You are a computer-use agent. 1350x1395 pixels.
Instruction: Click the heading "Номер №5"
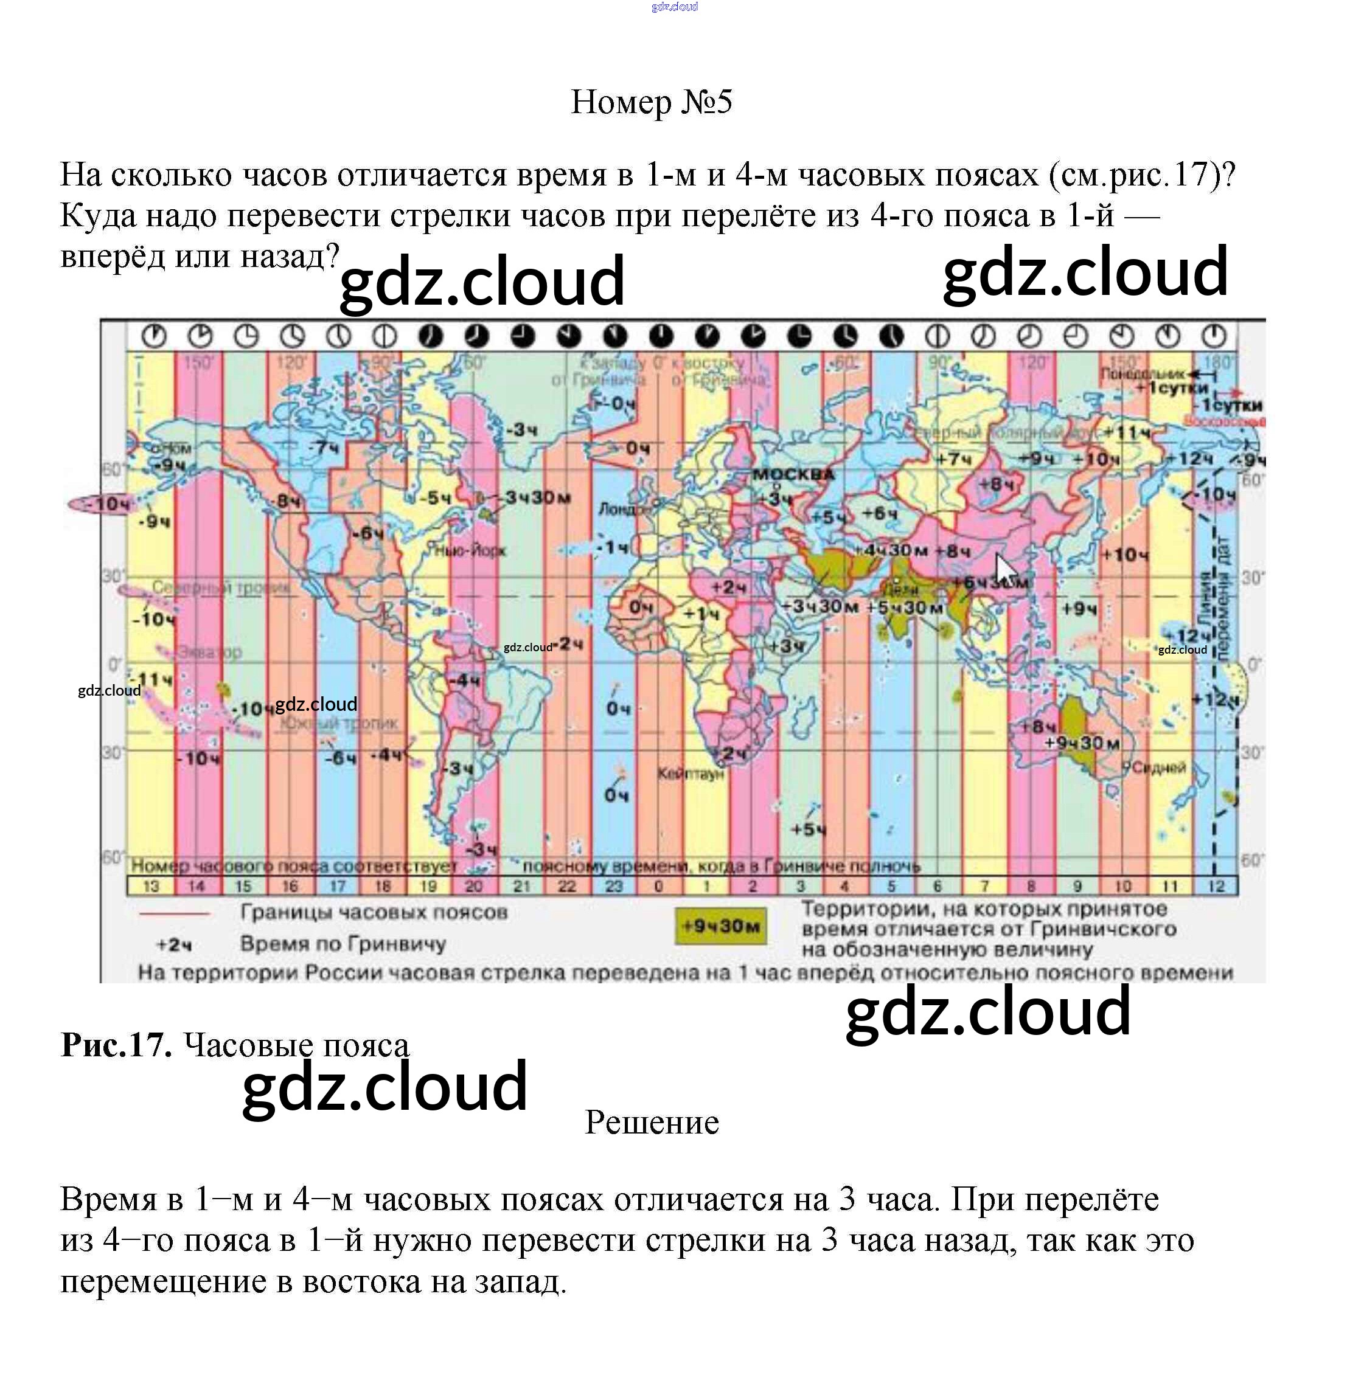pyautogui.click(x=651, y=102)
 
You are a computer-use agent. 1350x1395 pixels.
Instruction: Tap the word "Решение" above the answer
pyautogui.click(x=652, y=1123)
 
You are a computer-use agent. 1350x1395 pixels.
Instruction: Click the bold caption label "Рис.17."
pyautogui.click(x=116, y=1045)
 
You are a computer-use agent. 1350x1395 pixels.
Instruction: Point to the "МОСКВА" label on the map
pyautogui.click(x=793, y=474)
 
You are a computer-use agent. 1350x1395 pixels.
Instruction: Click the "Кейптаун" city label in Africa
pyautogui.click(x=690, y=774)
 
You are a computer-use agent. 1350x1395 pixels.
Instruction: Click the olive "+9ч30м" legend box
pyautogui.click(x=720, y=926)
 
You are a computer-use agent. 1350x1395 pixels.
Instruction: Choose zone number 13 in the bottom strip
pyautogui.click(x=151, y=886)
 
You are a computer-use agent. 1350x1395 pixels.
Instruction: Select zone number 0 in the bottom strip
pyautogui.click(x=659, y=886)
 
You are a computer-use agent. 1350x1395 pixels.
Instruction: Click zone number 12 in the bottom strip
pyautogui.click(x=1216, y=886)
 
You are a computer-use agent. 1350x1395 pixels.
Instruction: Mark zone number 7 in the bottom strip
pyautogui.click(x=985, y=886)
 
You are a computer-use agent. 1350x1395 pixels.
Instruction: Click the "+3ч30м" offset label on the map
pyautogui.click(x=819, y=606)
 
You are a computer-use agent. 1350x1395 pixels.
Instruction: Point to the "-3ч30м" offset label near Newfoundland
pyautogui.click(x=538, y=497)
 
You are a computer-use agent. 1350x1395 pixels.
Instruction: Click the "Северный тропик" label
pyautogui.click(x=221, y=588)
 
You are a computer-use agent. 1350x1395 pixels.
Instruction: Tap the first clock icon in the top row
pyautogui.click(x=154, y=335)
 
